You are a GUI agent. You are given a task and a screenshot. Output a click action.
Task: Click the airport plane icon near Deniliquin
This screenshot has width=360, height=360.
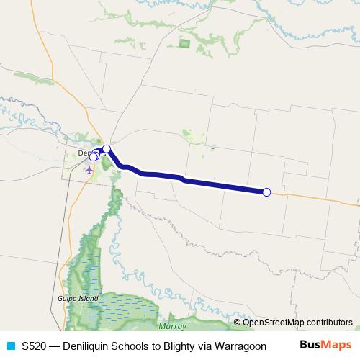(x=89, y=171)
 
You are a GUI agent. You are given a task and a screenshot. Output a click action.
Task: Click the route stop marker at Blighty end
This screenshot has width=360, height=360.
(x=266, y=192)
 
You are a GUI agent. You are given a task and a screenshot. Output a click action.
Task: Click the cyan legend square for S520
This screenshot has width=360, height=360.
(x=9, y=346)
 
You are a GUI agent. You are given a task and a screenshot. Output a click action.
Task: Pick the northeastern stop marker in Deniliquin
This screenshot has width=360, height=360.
(x=107, y=149)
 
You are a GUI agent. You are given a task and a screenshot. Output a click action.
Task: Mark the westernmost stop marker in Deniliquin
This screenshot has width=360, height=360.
(x=93, y=157)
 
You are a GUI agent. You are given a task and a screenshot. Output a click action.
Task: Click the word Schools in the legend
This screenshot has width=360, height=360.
(x=132, y=346)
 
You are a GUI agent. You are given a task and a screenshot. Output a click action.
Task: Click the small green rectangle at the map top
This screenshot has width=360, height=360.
(x=183, y=43)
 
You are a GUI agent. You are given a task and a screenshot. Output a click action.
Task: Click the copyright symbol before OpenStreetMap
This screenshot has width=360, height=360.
(x=238, y=323)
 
